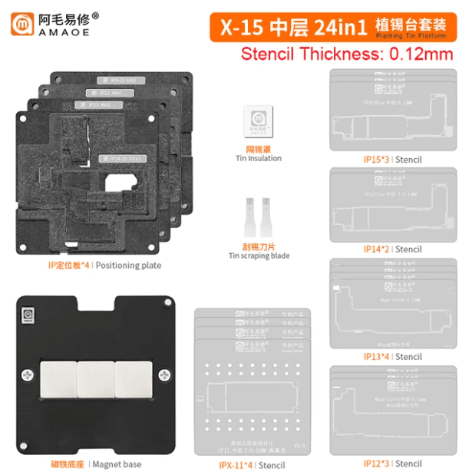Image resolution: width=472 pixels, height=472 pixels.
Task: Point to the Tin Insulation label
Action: point(258,153)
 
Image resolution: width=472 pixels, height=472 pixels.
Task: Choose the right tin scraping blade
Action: point(268,218)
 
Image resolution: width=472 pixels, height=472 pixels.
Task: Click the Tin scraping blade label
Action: point(259,251)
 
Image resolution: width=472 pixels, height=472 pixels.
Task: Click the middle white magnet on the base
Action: point(96,378)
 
